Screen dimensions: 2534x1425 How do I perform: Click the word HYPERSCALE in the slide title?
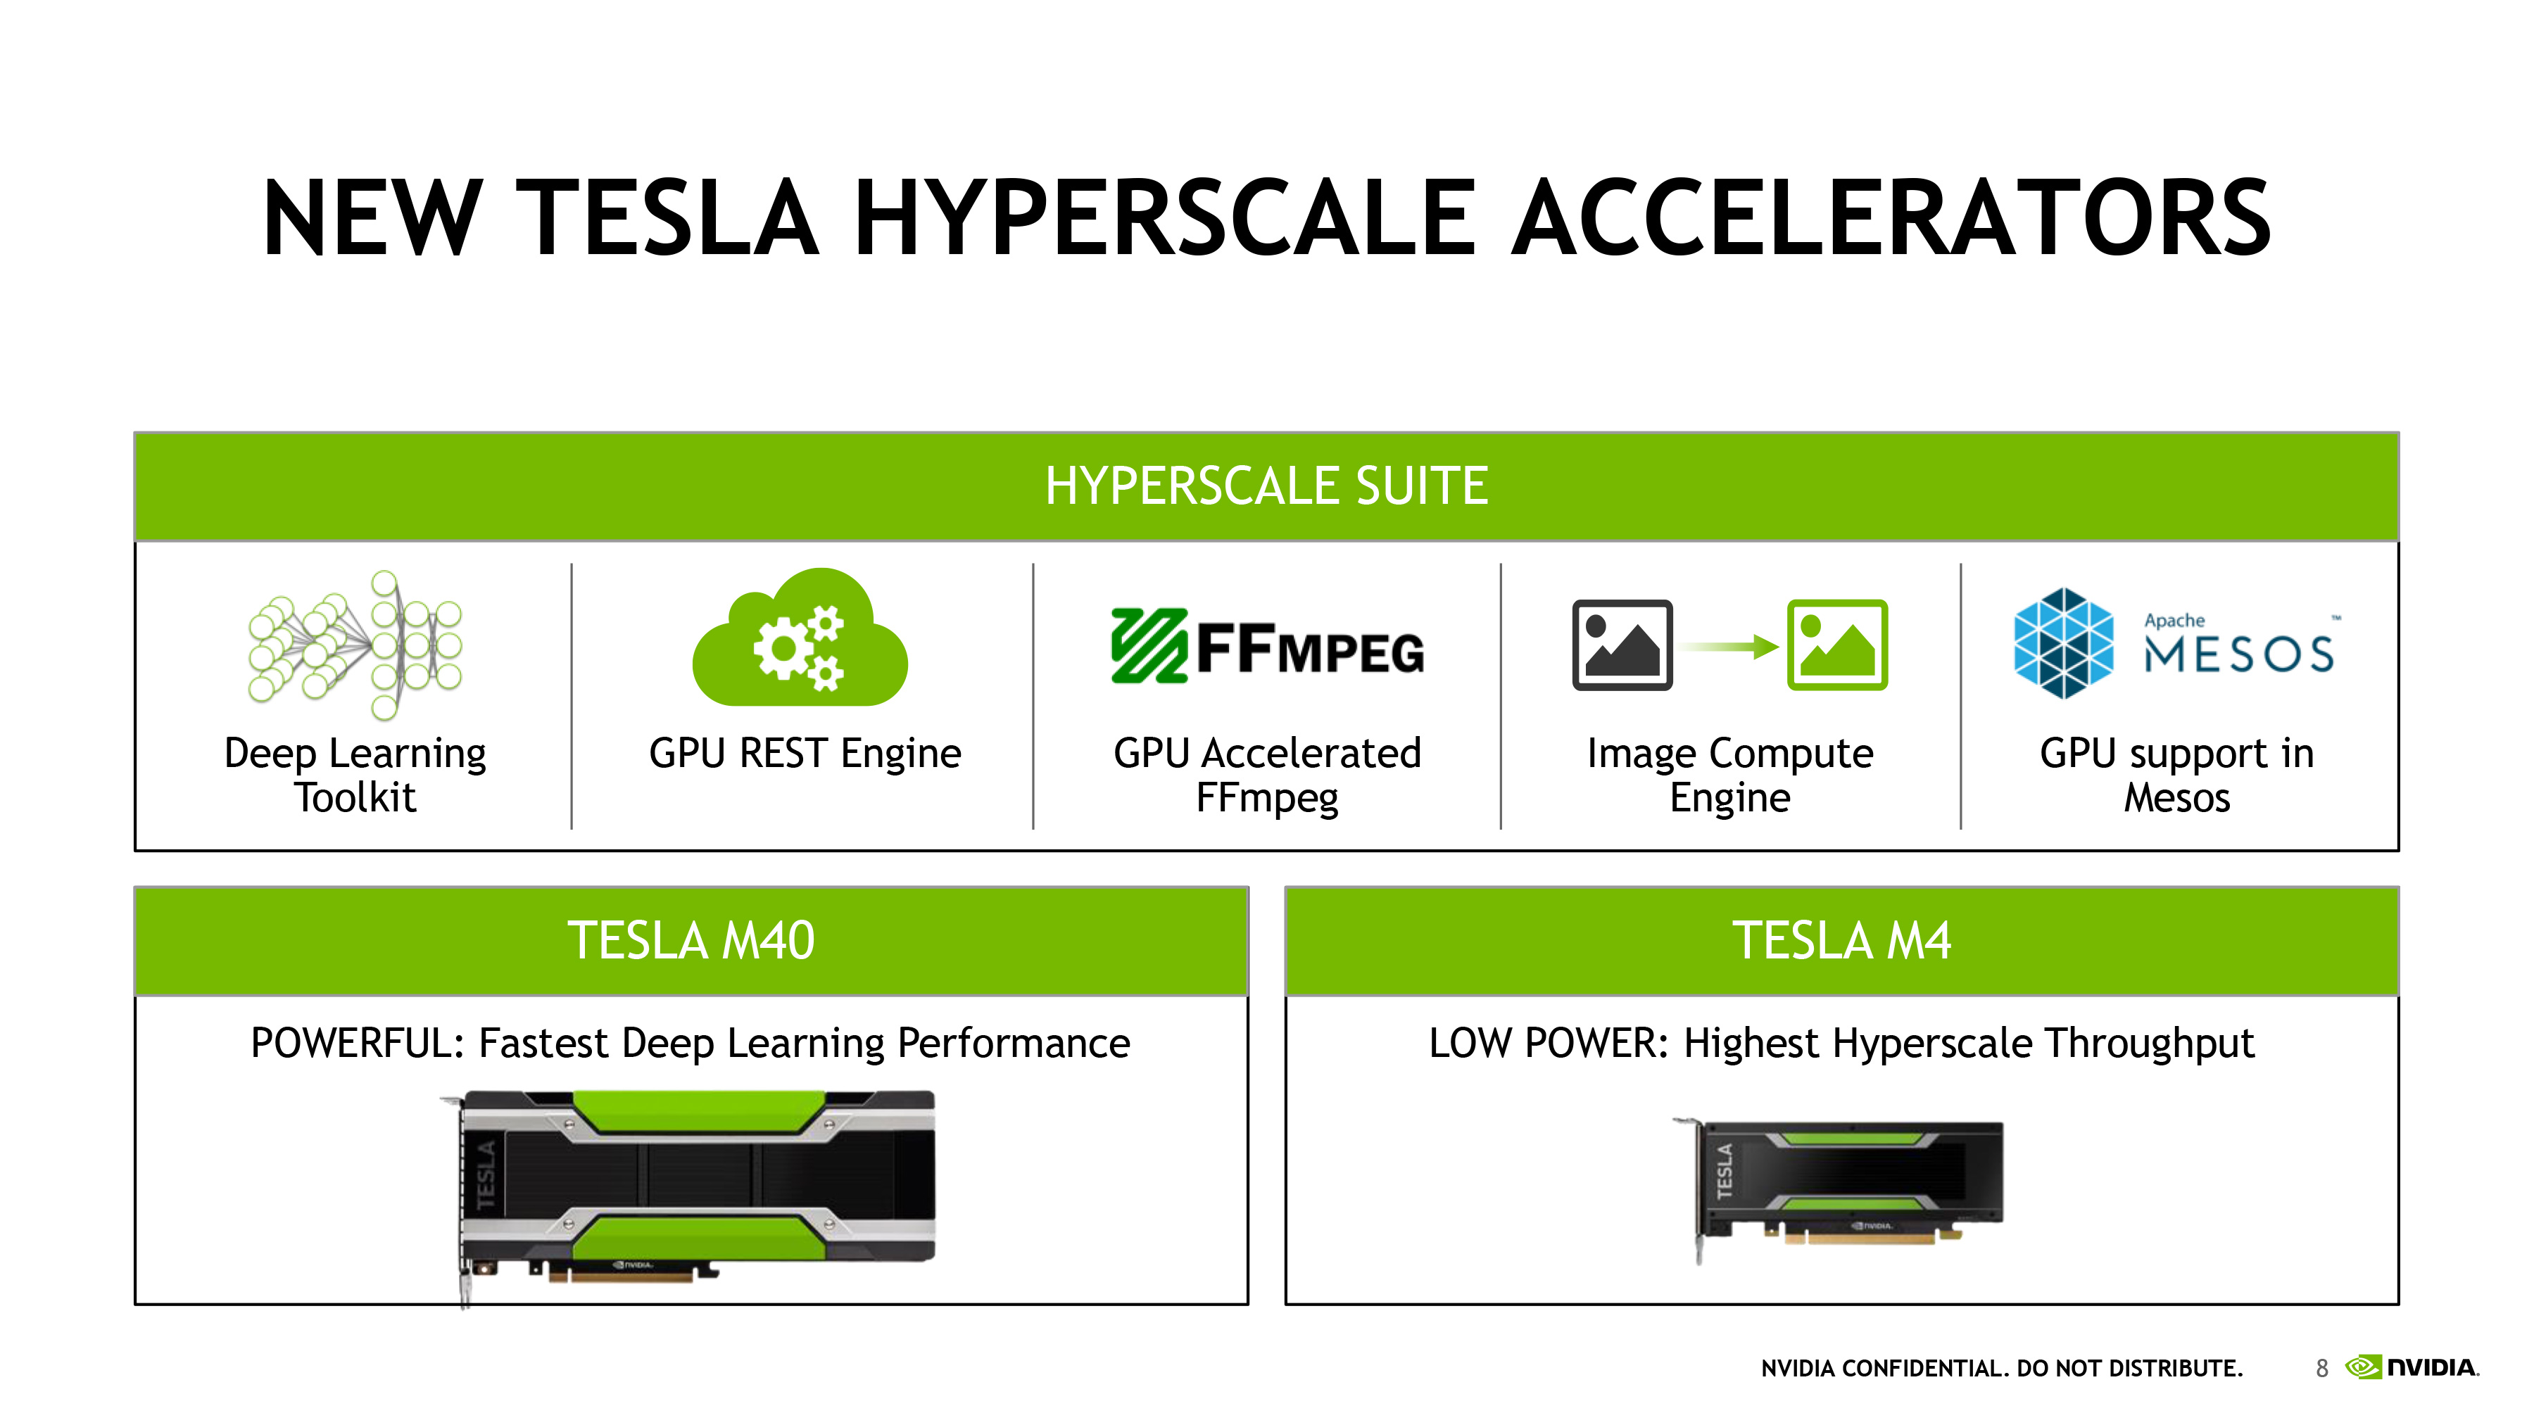(1164, 217)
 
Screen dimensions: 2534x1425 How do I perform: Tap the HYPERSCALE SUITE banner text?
(1266, 486)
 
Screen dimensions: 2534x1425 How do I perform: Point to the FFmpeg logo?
(1267, 645)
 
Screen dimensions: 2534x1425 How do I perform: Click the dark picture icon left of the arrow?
(1622, 645)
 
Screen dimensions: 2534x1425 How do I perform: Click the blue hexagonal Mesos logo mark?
(2063, 643)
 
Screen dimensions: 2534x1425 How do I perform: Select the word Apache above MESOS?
(2174, 621)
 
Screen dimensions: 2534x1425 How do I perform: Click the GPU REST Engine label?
(805, 753)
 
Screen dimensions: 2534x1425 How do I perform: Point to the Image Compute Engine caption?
(1730, 775)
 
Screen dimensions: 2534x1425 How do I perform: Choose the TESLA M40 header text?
(691, 941)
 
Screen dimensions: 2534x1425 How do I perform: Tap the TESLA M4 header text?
(1841, 941)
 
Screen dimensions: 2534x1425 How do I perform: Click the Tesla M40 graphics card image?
(688, 1195)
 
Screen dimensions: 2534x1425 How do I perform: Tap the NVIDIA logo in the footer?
(2412, 1367)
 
